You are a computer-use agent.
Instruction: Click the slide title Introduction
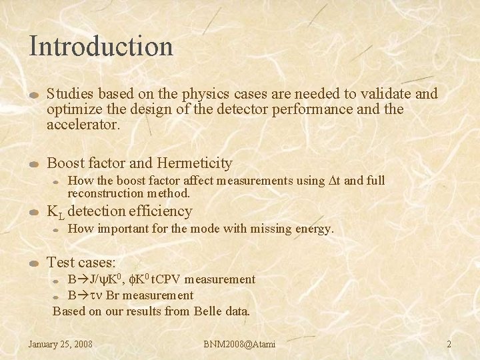pyautogui.click(x=101, y=46)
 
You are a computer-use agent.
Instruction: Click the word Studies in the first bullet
pyautogui.click(x=69, y=93)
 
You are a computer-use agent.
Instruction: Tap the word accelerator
pyautogui.click(x=83, y=124)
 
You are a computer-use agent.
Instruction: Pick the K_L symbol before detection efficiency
pyautogui.click(x=54, y=212)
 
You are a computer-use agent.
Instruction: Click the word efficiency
pyautogui.click(x=161, y=211)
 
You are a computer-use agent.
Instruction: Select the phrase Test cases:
pyautogui.click(x=81, y=262)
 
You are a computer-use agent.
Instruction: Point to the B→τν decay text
pyautogui.click(x=86, y=295)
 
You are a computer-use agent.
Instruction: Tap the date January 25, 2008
pyautogui.click(x=60, y=344)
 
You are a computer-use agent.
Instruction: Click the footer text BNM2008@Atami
pyautogui.click(x=239, y=344)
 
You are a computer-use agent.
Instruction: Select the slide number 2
pyautogui.click(x=449, y=344)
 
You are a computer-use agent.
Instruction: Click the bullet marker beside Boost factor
pyautogui.click(x=35, y=164)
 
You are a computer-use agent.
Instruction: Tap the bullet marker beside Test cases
pyautogui.click(x=35, y=263)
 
